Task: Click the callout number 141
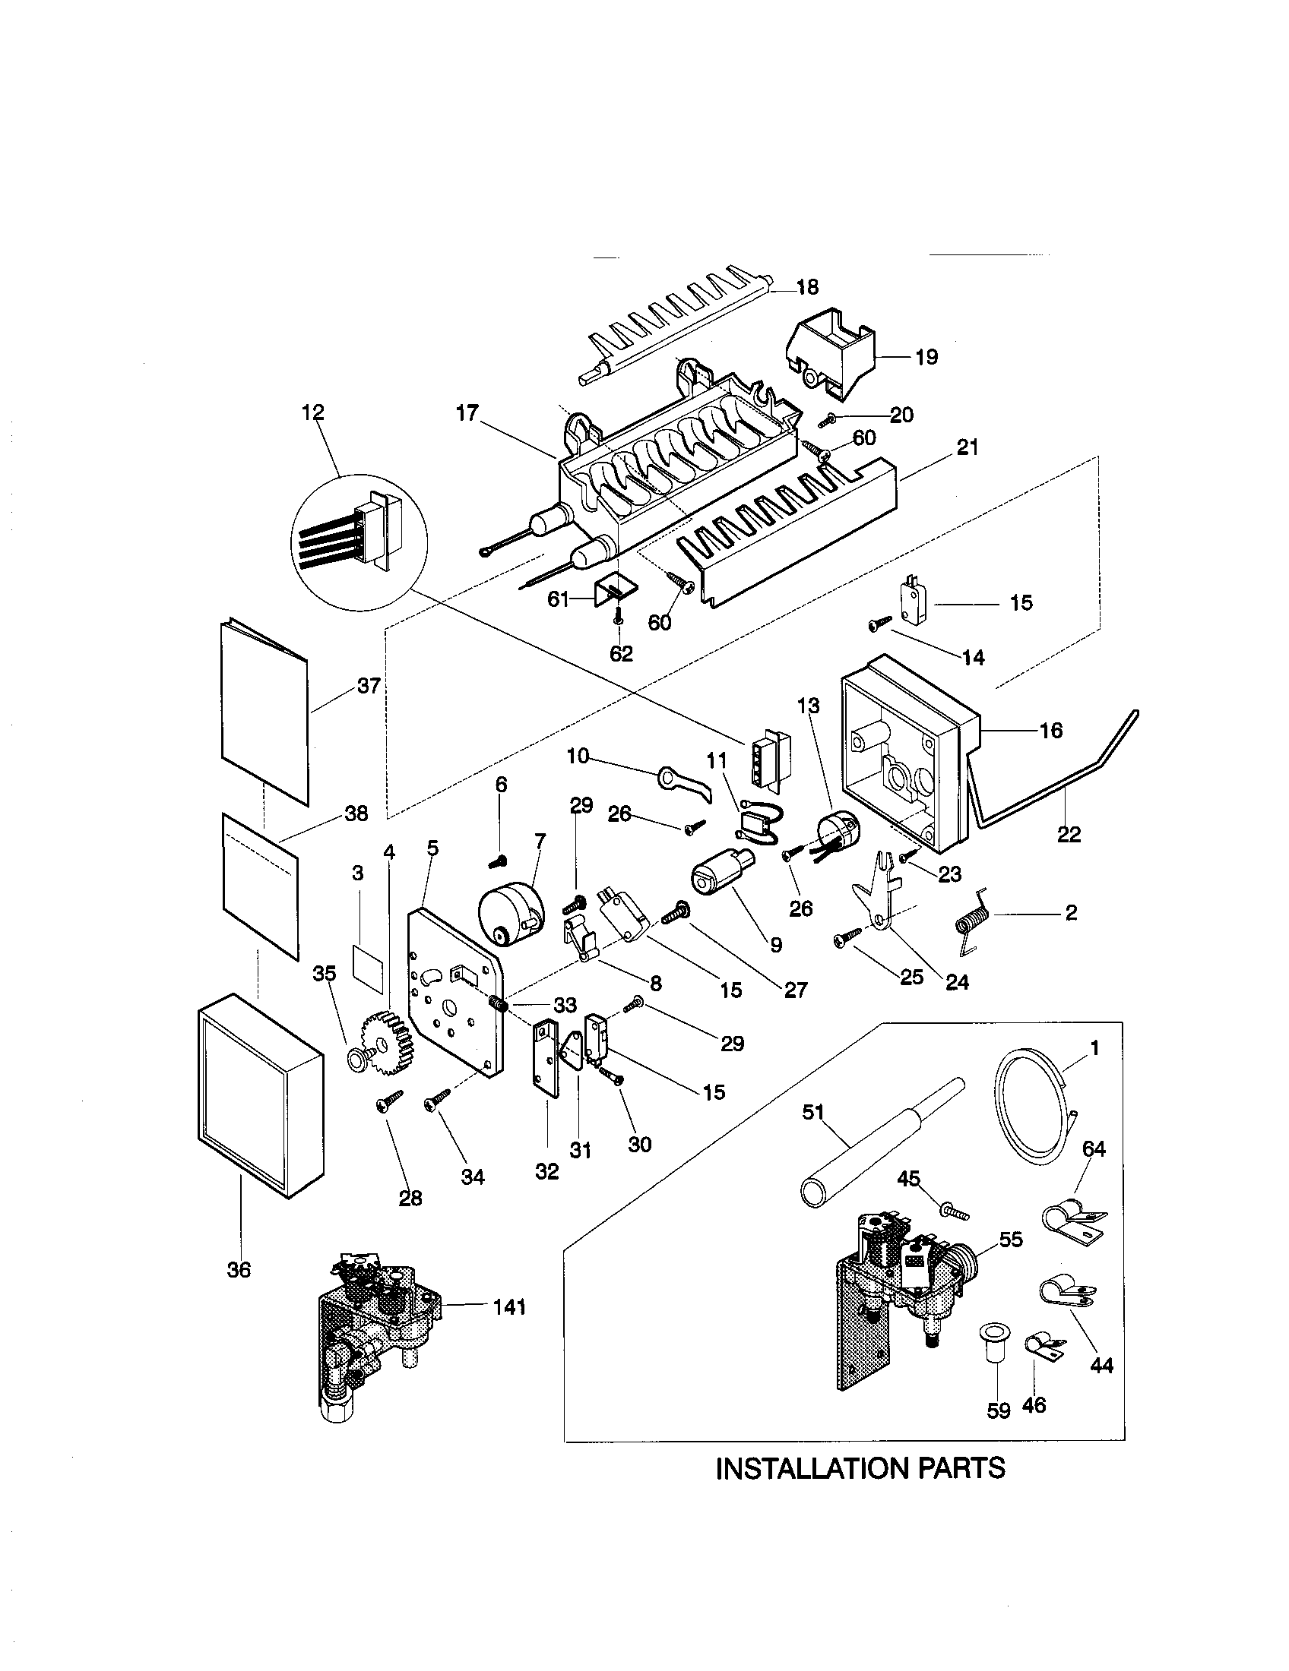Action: (509, 1307)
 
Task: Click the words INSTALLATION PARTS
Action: (860, 1467)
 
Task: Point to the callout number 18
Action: (807, 287)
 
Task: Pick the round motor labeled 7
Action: (511, 914)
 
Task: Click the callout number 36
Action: (239, 1270)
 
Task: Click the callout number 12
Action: (313, 412)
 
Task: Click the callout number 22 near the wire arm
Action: (1069, 834)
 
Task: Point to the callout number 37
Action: (368, 686)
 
